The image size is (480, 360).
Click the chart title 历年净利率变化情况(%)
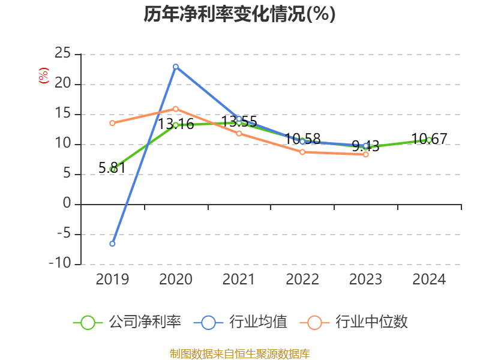pyautogui.click(x=239, y=14)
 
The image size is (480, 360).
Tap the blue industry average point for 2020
pyautogui.click(x=176, y=67)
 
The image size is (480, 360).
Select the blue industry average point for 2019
pyautogui.click(x=112, y=244)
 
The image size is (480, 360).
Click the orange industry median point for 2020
pyautogui.click(x=176, y=109)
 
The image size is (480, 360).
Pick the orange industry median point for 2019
pyautogui.click(x=112, y=123)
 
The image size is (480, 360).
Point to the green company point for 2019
pyautogui.click(x=112, y=169)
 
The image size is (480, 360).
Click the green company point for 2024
pyautogui.click(x=429, y=140)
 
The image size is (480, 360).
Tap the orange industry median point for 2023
pyautogui.click(x=365, y=154)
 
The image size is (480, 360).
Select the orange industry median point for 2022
pyautogui.click(x=302, y=152)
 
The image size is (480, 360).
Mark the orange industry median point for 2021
pyautogui.click(x=239, y=133)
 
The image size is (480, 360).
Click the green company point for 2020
pyautogui.click(x=176, y=125)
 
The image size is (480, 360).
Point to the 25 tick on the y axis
pyautogui.click(x=62, y=54)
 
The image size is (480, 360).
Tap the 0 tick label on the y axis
pyautogui.click(x=67, y=204)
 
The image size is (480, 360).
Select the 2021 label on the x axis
pyautogui.click(x=239, y=280)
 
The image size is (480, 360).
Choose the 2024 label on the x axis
pyautogui.click(x=429, y=280)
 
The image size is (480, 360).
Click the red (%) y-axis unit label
pyautogui.click(x=43, y=76)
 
